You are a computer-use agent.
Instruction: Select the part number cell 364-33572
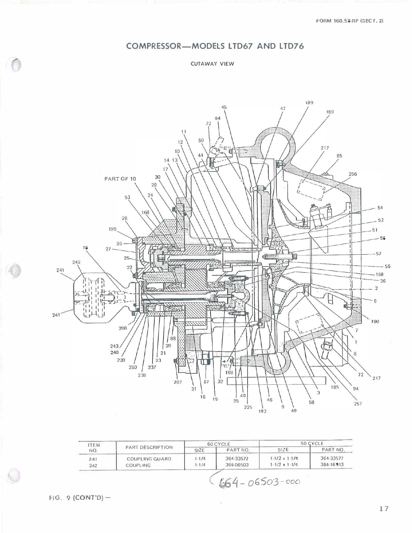[x=237, y=458]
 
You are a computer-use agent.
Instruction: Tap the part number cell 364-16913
[x=331, y=464]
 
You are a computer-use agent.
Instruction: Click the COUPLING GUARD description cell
[x=149, y=459]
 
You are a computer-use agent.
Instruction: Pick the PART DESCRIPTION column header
[x=149, y=447]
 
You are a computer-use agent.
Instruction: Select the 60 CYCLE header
[x=219, y=444]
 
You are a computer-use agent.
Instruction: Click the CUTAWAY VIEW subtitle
[x=212, y=64]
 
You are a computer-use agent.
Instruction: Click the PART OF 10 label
[x=120, y=179]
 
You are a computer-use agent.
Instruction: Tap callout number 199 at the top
[x=309, y=103]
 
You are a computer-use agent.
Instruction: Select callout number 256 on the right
[x=352, y=174]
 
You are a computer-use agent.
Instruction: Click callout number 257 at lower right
[x=358, y=404]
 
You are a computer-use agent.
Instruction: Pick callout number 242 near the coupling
[x=76, y=262]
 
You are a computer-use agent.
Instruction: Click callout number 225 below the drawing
[x=248, y=407]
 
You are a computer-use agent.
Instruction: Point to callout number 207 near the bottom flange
[x=178, y=382]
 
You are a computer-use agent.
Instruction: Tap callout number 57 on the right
[x=378, y=254]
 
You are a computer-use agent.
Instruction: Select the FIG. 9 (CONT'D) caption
[x=79, y=498]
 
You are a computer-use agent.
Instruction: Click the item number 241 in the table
[x=93, y=459]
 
